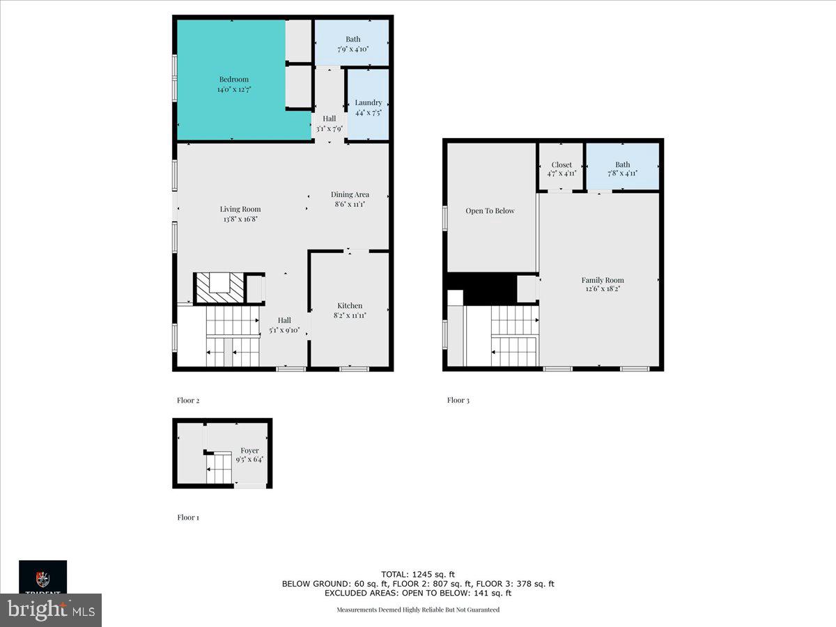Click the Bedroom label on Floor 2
233,79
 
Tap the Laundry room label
368,102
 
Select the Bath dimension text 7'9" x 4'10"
353,49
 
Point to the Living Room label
240,209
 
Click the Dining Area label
350,194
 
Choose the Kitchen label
350,305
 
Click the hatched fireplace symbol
219,288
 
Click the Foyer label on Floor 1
249,451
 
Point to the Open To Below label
490,210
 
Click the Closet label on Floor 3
562,165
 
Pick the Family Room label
603,280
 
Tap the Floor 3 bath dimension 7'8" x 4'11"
622,174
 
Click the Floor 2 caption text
188,401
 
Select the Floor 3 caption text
458,400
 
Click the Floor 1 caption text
187,518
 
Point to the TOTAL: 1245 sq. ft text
418,574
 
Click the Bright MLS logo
51,610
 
